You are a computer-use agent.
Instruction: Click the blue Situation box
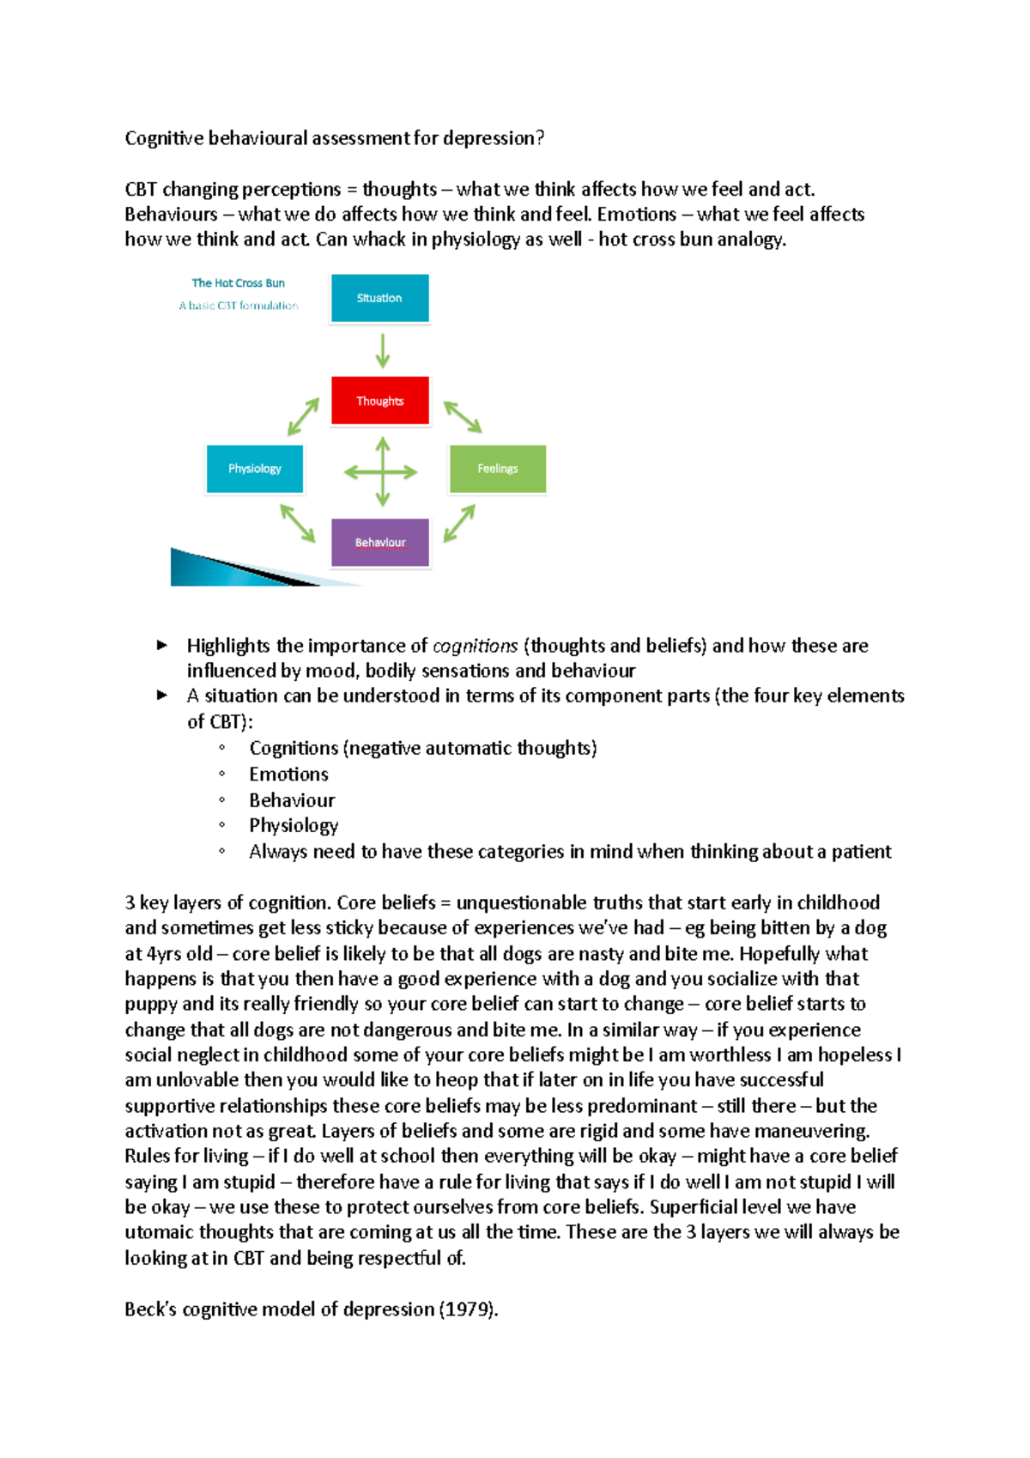(379, 298)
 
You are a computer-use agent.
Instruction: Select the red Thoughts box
(379, 400)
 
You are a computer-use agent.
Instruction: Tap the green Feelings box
(498, 469)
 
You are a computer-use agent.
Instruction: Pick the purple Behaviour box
(380, 543)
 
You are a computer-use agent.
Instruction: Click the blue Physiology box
(255, 469)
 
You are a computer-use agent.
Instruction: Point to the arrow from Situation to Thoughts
(383, 350)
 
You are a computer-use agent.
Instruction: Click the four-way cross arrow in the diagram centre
(381, 471)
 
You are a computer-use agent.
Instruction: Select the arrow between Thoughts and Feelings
(463, 416)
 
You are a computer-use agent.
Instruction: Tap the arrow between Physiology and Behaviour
(298, 523)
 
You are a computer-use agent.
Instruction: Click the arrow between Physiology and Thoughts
(303, 416)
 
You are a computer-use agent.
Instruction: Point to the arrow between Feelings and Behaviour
(459, 523)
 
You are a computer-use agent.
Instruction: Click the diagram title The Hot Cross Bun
(238, 282)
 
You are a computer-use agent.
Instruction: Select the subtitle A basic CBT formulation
(239, 306)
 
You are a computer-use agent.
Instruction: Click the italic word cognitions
(475, 646)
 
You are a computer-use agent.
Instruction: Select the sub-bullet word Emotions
(288, 775)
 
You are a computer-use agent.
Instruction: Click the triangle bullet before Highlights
(162, 645)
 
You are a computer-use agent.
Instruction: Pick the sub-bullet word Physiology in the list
(294, 826)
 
